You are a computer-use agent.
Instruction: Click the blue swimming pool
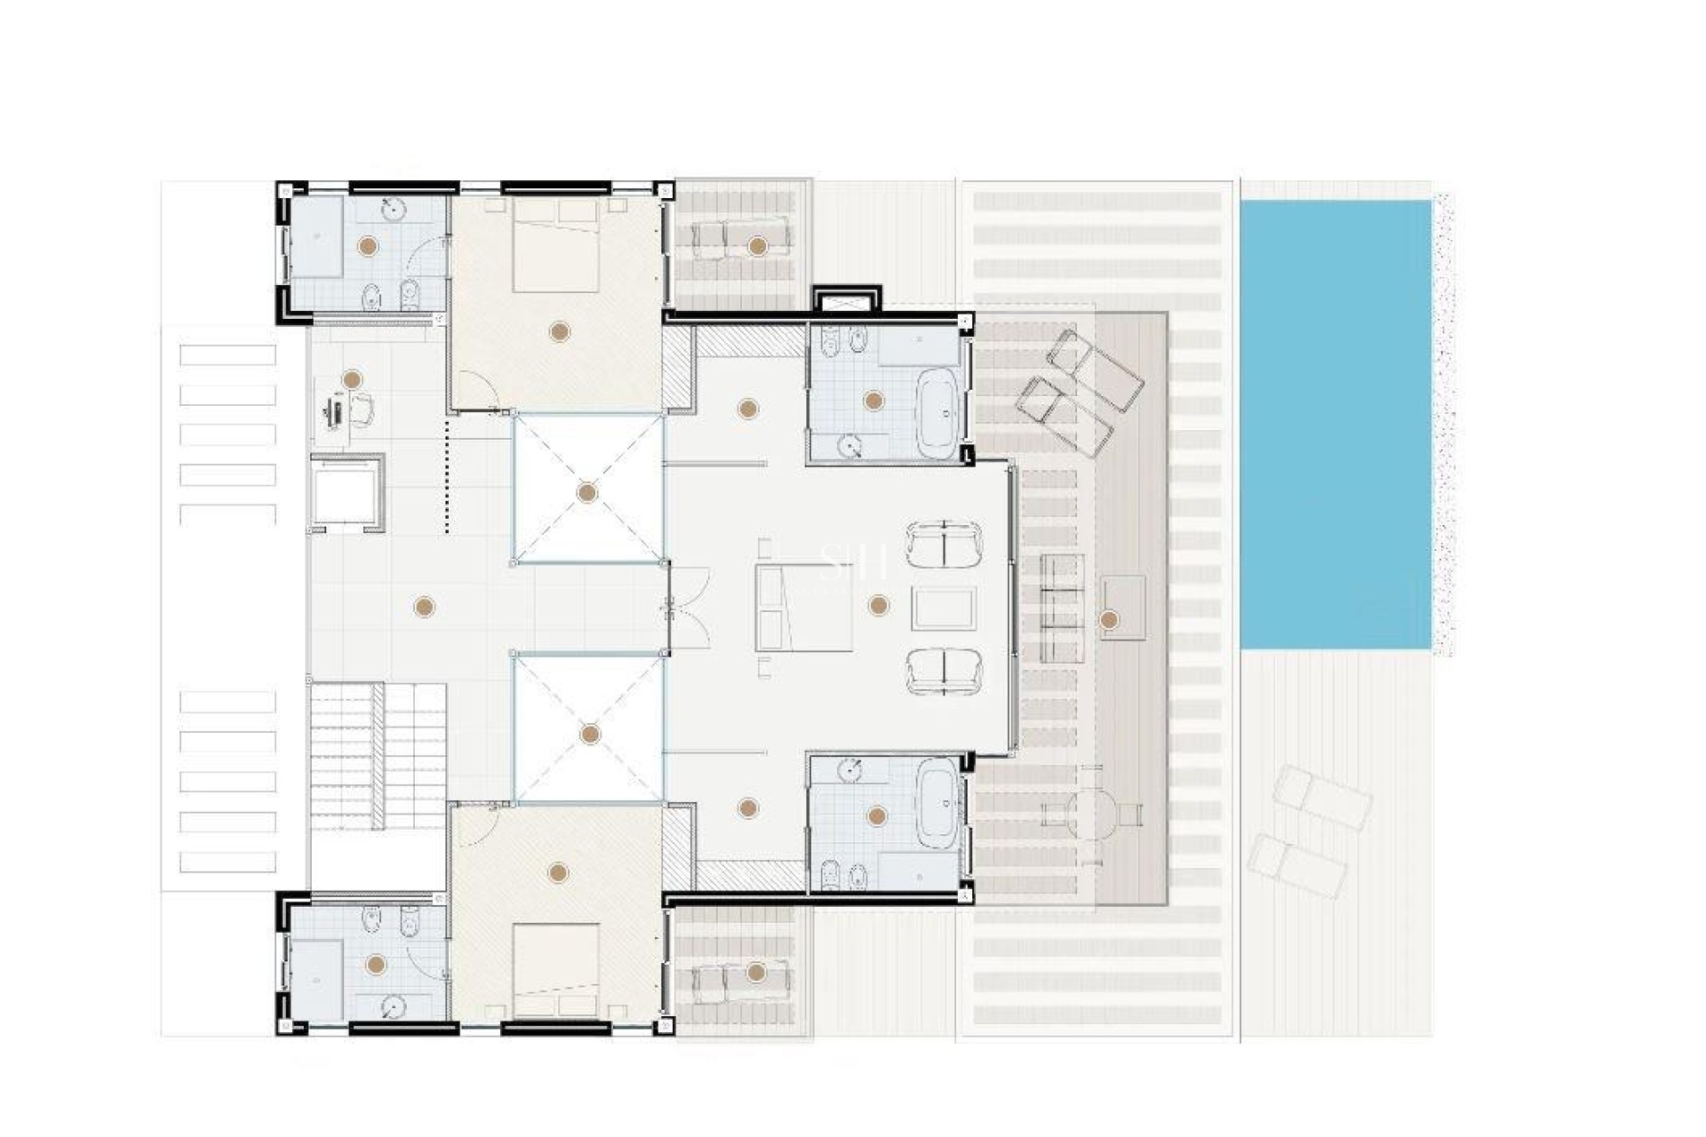tap(1335, 425)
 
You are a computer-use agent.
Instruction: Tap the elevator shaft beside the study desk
tap(347, 492)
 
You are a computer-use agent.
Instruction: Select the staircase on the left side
tap(378, 756)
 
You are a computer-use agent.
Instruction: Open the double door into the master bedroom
tap(688, 608)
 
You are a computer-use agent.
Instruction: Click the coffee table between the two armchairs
tap(944, 608)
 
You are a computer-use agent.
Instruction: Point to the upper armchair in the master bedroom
tap(944, 545)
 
